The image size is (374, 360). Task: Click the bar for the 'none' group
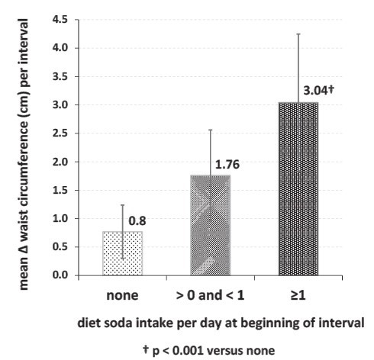123,253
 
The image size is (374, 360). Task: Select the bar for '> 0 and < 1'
211,225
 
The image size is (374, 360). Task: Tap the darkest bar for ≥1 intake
298,189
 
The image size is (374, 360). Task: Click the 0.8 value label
137,220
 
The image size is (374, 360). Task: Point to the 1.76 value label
227,164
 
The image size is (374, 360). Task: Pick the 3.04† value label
318,90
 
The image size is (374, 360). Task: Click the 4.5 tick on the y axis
60,20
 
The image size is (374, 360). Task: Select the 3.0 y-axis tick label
60,104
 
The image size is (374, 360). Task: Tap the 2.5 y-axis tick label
60,133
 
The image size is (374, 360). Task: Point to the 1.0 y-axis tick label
60,218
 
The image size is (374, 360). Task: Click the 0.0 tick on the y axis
60,275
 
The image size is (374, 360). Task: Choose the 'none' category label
122,295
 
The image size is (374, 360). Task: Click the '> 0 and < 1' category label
210,295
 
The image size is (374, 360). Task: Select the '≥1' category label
298,295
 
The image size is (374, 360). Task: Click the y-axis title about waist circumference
24,154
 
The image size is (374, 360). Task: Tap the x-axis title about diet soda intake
221,323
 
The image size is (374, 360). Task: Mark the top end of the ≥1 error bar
298,34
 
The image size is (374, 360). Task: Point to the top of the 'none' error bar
123,205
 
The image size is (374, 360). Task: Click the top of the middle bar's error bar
211,130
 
